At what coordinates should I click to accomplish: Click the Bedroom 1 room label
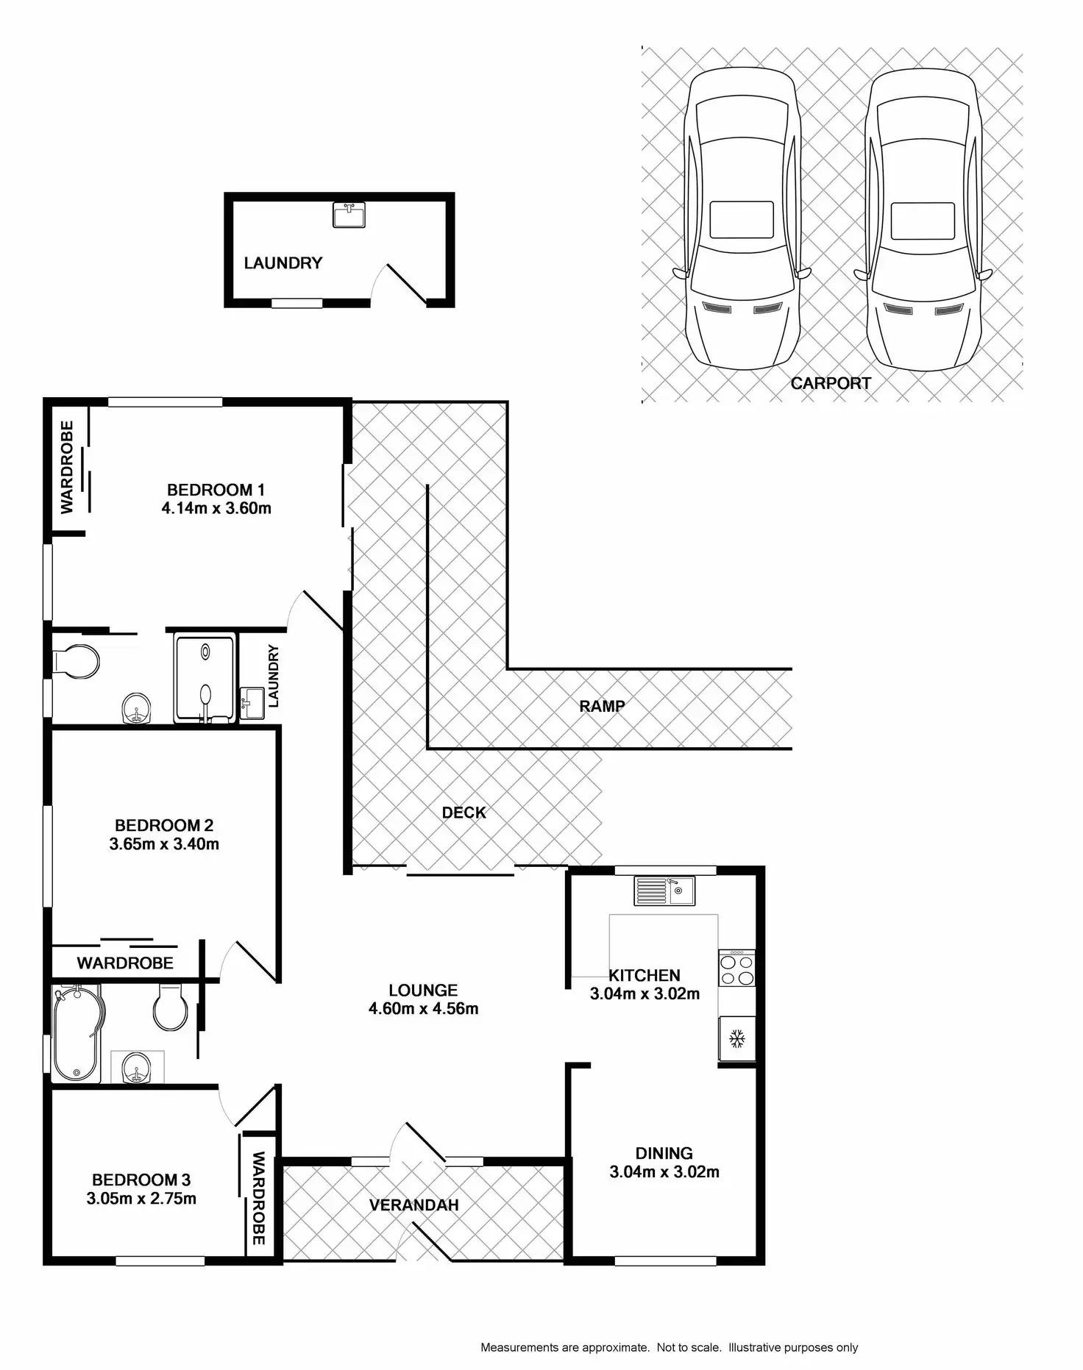pos(216,490)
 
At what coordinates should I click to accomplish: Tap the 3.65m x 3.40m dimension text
pos(164,844)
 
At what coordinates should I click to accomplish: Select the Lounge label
pos(423,991)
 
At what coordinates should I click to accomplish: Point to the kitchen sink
pos(664,891)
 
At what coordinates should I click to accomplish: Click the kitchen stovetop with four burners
pos(737,968)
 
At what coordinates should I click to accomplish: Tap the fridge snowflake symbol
pos(737,1039)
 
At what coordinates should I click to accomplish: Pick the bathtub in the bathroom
pos(76,1034)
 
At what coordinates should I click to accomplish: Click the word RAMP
pos(602,706)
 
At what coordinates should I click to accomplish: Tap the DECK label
pos(464,813)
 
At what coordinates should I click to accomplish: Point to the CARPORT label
pos(831,383)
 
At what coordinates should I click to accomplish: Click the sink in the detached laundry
pos(349,215)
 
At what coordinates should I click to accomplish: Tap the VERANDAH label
pos(413,1205)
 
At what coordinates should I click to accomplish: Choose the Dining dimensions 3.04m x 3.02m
pos(664,1172)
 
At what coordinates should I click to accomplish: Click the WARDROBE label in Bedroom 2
pos(125,963)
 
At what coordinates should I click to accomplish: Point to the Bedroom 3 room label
pos(141,1180)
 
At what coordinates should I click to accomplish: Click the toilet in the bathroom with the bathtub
pos(171,1008)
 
